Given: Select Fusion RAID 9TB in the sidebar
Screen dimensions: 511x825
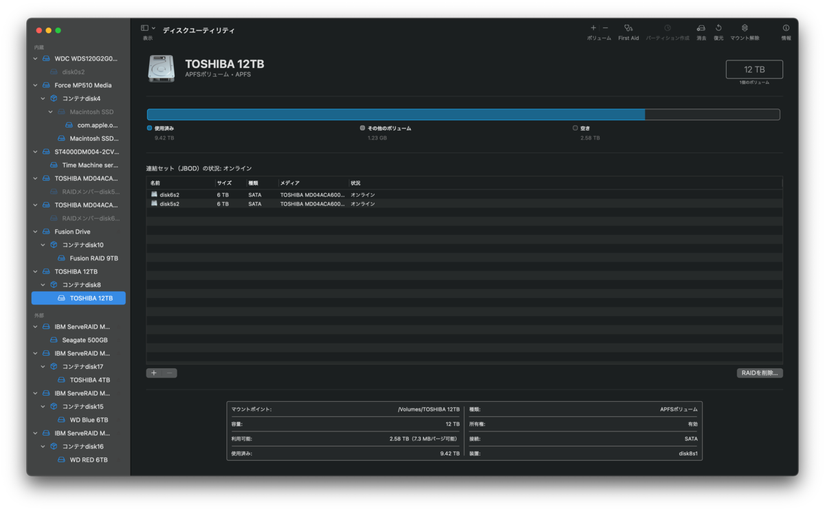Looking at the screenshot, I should [x=93, y=258].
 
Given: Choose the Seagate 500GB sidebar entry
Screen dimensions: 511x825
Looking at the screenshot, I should [x=85, y=340].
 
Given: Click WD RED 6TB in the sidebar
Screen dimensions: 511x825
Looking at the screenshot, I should [x=89, y=459].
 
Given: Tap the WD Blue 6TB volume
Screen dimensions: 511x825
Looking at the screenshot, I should [x=89, y=420].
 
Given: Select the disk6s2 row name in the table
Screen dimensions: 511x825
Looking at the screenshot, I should [x=169, y=195].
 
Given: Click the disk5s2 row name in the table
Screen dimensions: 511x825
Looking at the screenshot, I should [x=169, y=204].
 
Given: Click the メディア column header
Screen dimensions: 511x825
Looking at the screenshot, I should [x=290, y=183].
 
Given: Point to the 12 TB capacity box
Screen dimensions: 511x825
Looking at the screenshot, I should [x=754, y=69].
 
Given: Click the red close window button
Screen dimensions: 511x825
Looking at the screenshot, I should [x=39, y=30].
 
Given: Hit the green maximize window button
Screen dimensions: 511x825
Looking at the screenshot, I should [x=58, y=30].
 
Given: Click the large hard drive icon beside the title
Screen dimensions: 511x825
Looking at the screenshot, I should [x=162, y=69].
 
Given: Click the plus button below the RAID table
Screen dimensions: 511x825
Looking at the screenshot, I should [x=153, y=373].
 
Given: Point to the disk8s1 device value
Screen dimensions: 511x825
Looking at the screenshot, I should [x=687, y=453].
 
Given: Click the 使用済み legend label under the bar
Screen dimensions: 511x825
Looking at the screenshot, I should [x=164, y=128].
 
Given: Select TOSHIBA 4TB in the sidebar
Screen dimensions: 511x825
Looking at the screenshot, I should [x=89, y=380].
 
